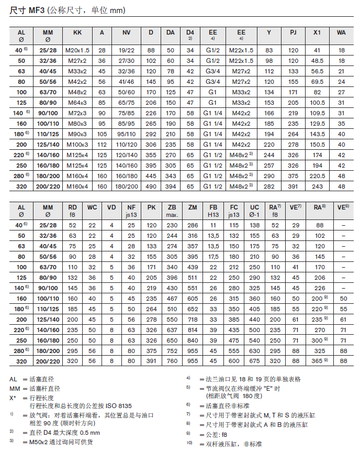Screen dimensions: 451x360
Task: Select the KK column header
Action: pyautogui.click(x=77, y=32)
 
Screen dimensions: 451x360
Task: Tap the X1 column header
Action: pyautogui.click(x=317, y=32)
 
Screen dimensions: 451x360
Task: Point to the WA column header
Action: pyautogui.click(x=341, y=32)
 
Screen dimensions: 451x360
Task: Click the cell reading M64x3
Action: pyautogui.click(x=77, y=103)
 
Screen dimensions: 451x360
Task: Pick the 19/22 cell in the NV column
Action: pyautogui.click(x=127, y=50)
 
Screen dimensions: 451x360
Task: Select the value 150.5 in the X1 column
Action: pyautogui.click(x=317, y=144)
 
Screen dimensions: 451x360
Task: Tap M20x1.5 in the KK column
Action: pyautogui.click(x=77, y=50)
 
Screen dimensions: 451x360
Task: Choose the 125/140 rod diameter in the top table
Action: pyautogui.click(x=48, y=144)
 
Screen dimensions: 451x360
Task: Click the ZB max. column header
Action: pyautogui.click(x=172, y=211)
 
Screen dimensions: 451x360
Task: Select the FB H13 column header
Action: pyautogui.click(x=213, y=211)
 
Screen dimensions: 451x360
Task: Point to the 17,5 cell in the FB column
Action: pyautogui.click(x=213, y=257)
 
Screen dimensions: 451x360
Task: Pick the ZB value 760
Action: pyautogui.click(x=172, y=360)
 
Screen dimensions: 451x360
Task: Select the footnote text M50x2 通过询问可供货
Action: pyautogui.click(x=60, y=442)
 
